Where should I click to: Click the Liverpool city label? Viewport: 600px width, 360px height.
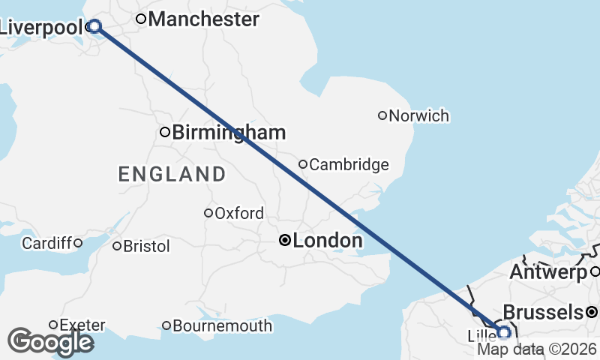click(x=41, y=28)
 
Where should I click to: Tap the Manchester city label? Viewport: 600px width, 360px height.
click(x=203, y=19)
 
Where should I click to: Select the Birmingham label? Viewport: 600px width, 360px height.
click(x=229, y=133)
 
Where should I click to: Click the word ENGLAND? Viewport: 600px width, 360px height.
click(x=172, y=175)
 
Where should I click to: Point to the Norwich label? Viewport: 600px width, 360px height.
click(x=419, y=115)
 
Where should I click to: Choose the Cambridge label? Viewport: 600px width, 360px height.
click(x=349, y=164)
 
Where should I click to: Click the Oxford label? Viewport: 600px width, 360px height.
click(x=239, y=213)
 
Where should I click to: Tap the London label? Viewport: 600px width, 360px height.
click(x=328, y=241)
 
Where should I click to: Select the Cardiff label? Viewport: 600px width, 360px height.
click(x=46, y=243)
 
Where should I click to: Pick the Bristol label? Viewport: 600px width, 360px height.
click(x=146, y=246)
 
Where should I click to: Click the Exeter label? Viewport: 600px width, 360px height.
click(x=82, y=325)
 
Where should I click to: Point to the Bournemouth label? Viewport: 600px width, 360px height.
click(x=222, y=326)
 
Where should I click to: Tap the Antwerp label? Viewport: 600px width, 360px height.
click(x=548, y=272)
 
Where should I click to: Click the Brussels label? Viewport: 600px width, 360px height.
click(x=543, y=312)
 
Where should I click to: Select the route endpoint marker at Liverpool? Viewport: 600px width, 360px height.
click(x=94, y=26)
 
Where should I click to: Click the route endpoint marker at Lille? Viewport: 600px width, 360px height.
click(x=504, y=331)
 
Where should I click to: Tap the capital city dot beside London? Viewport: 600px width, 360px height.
click(x=285, y=241)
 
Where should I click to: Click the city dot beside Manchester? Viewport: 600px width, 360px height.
click(x=140, y=19)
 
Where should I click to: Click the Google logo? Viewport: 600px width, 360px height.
click(x=50, y=342)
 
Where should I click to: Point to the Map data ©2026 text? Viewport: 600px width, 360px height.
click(x=537, y=349)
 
